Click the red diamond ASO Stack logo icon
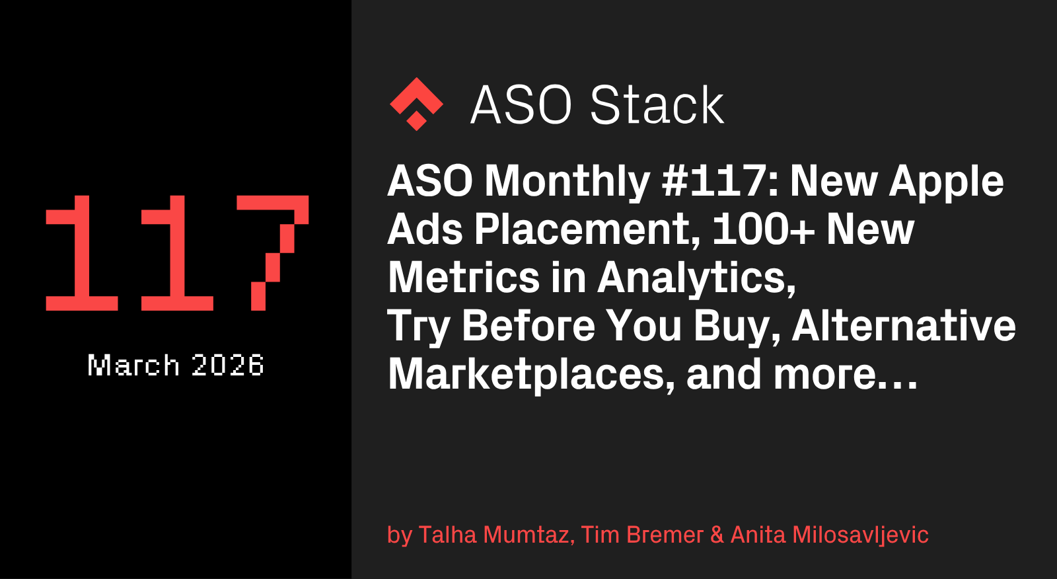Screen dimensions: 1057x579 416,104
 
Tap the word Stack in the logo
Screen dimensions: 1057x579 657,105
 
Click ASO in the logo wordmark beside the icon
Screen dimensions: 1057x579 521,105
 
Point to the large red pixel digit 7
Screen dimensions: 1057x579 273,252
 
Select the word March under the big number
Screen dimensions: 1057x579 133,365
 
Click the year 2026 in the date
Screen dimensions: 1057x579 227,365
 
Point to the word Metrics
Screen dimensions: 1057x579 463,278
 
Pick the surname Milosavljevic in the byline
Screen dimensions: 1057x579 860,535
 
